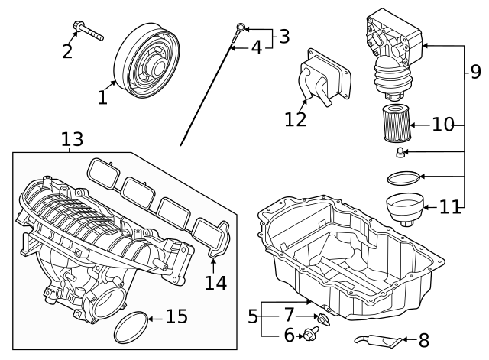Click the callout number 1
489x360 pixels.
pyautogui.click(x=102, y=97)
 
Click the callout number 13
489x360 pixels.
pyautogui.click(x=72, y=139)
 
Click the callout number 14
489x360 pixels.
pyautogui.click(x=215, y=282)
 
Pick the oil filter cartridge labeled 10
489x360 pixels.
pyautogui.click(x=395, y=124)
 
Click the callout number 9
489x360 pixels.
pyautogui.click(x=475, y=73)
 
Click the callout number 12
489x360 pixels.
pyautogui.click(x=296, y=119)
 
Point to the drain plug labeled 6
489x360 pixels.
pyautogui.click(x=311, y=333)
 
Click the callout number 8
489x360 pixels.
pyautogui.click(x=424, y=339)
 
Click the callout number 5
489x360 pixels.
pyautogui.click(x=253, y=316)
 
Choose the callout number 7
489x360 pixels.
pyautogui.click(x=289, y=315)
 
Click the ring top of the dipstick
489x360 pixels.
pyautogui.click(x=240, y=29)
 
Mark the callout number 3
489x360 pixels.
pyautogui.click(x=283, y=36)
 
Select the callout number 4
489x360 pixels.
pyautogui.click(x=256, y=47)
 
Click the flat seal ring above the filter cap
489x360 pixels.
pyautogui.click(x=403, y=177)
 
